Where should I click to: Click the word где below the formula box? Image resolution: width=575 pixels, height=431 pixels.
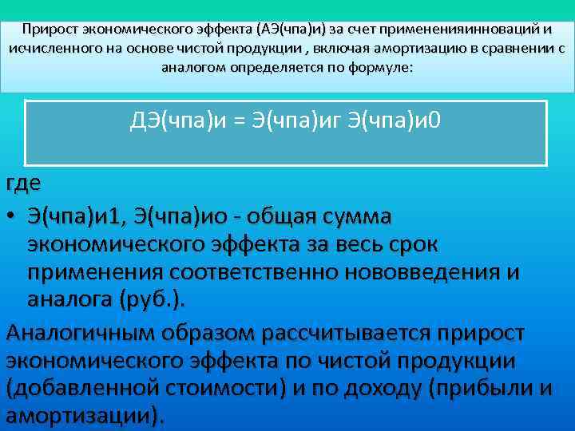pyautogui.click(x=23, y=183)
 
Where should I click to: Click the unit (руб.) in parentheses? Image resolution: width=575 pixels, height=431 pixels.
pyautogui.click(x=153, y=299)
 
